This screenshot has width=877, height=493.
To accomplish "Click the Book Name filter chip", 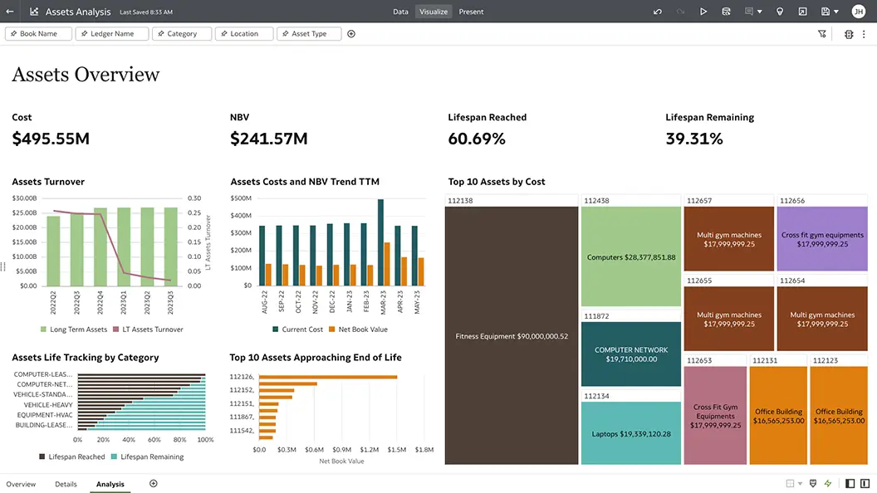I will (38, 34).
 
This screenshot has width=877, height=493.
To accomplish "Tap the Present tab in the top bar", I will (471, 12).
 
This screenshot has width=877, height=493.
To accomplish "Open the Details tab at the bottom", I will (66, 484).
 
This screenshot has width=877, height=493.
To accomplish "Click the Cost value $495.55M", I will (51, 139).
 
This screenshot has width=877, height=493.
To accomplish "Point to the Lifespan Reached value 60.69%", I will (477, 139).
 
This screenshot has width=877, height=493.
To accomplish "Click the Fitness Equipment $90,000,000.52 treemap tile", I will (512, 336).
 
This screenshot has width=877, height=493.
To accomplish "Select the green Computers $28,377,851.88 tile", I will (631, 257).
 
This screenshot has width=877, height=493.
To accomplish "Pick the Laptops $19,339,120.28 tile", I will (631, 433).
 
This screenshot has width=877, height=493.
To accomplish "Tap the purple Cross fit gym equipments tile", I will (822, 240).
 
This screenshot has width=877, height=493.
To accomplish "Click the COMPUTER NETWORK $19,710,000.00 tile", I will (631, 354).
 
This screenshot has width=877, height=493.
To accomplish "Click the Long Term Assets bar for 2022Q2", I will (53, 251).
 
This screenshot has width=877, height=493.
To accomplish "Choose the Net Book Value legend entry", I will (358, 329).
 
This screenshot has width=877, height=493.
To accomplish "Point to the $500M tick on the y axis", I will (241, 198).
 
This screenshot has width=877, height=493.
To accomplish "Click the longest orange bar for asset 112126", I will (328, 377).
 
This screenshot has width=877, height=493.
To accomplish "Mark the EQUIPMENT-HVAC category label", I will (44, 414).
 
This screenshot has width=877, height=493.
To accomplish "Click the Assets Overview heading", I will (86, 75).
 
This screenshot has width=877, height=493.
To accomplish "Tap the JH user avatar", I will (858, 12).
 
